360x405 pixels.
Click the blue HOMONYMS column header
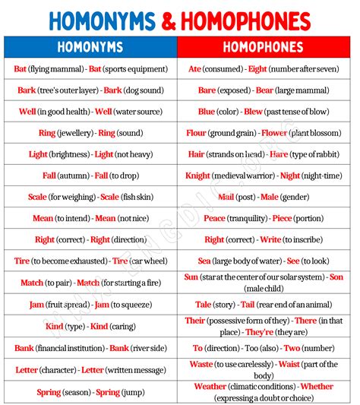[90, 47]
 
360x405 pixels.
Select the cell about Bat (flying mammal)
[90, 69]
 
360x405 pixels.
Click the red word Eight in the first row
[258, 69]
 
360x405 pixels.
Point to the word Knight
[197, 176]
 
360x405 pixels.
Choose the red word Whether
[317, 386]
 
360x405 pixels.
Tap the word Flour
[197, 133]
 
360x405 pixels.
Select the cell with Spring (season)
[90, 392]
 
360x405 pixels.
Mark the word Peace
[215, 218]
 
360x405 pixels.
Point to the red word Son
[336, 277]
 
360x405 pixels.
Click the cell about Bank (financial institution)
[90, 348]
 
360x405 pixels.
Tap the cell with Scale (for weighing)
[90, 197]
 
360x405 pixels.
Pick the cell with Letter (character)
[90, 370]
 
